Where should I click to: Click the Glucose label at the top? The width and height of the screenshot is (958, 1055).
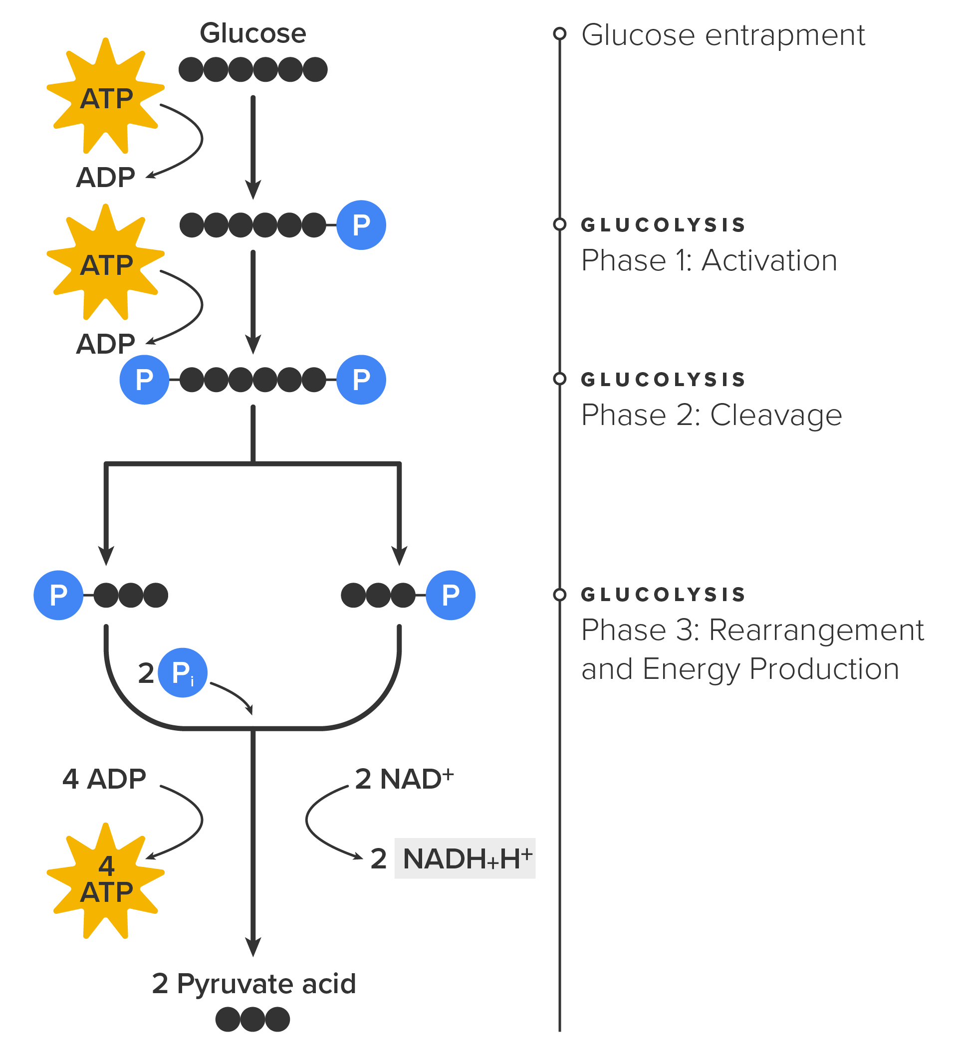click(253, 33)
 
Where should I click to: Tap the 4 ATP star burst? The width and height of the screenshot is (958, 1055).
click(106, 880)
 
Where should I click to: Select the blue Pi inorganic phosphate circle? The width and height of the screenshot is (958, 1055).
click(182, 672)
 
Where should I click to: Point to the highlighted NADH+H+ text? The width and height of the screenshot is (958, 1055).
click(465, 859)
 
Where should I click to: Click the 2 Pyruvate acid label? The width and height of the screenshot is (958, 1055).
click(254, 984)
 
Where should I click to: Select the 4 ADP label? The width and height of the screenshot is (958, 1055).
click(104, 779)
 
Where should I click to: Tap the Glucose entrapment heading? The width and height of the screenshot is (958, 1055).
click(723, 35)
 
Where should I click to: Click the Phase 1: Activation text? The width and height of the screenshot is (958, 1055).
click(709, 260)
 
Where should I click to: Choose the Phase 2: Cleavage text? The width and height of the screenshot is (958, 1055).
click(712, 416)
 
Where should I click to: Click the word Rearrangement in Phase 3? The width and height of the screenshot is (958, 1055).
click(816, 630)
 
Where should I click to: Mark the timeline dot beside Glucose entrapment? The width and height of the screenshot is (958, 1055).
click(560, 33)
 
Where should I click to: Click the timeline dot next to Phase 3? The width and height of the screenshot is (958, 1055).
click(560, 595)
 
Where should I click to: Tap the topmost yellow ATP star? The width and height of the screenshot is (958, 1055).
click(106, 97)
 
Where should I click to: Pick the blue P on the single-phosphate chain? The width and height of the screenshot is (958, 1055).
click(361, 225)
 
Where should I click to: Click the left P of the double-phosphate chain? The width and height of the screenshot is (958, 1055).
click(145, 380)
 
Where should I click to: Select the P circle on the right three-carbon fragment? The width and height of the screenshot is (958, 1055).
click(450, 595)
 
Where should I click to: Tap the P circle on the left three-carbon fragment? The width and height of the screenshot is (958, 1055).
click(59, 595)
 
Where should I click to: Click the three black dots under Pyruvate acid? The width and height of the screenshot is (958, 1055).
click(253, 1020)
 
